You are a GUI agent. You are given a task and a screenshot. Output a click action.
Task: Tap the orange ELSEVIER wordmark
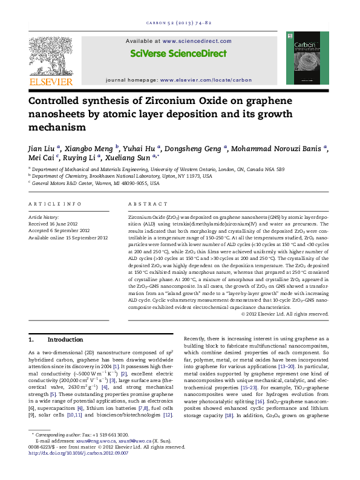[51, 82]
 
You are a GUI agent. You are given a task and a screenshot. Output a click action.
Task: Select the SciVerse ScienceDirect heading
[178, 53]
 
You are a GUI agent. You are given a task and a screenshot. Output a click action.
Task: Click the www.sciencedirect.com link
[197, 41]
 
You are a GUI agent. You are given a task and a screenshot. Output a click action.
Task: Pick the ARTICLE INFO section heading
[55, 204]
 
